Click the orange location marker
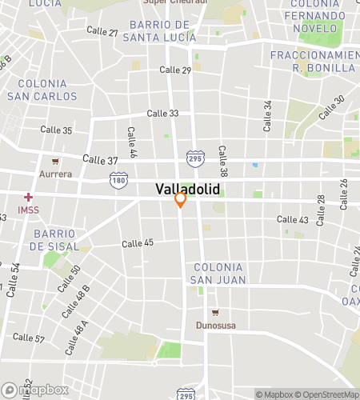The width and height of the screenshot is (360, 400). click(x=181, y=199)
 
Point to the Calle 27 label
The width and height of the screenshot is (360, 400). click(x=102, y=33)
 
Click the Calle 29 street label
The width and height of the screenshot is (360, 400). click(x=175, y=70)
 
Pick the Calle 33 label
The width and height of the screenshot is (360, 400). click(x=163, y=114)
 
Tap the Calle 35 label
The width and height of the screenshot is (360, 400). click(x=56, y=130)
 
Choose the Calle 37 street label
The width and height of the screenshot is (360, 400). click(x=100, y=160)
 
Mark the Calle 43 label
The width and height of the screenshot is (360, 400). click(x=293, y=219)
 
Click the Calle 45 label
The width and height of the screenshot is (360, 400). click(x=138, y=243)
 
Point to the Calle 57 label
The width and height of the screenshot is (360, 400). click(x=29, y=338)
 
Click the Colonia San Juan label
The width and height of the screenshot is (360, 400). click(x=218, y=273)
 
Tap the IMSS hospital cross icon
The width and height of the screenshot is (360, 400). click(x=28, y=197)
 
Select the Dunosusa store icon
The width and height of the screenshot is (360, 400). click(x=214, y=312)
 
